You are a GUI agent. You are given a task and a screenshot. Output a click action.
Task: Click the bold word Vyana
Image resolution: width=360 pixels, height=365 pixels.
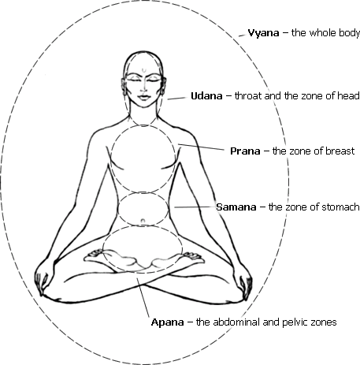coord(263,33)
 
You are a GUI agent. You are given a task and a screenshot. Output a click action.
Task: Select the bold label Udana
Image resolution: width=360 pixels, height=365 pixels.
coord(206,96)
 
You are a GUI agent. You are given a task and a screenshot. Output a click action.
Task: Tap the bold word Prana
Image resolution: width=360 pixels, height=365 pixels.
coord(245,151)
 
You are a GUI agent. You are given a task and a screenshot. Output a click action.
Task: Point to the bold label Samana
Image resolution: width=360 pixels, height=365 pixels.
coord(236,207)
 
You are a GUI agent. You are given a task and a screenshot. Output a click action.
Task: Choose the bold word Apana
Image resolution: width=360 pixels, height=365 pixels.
coord(167,322)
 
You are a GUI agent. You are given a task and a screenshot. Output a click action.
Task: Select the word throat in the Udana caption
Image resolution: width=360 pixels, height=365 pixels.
coord(248,96)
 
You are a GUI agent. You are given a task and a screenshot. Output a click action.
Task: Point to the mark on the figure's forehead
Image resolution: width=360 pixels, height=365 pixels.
coord(143,70)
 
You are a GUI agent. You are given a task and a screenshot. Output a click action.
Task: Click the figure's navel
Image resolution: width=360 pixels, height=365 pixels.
coord(143,221)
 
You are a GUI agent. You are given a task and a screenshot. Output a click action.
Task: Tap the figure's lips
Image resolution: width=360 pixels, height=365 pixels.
coord(143,97)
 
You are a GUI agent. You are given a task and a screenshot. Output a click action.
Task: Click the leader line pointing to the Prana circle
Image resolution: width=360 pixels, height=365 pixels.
coord(201,147)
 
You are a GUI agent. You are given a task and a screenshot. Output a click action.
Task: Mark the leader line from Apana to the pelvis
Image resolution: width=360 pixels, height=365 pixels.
coord(143,297)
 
